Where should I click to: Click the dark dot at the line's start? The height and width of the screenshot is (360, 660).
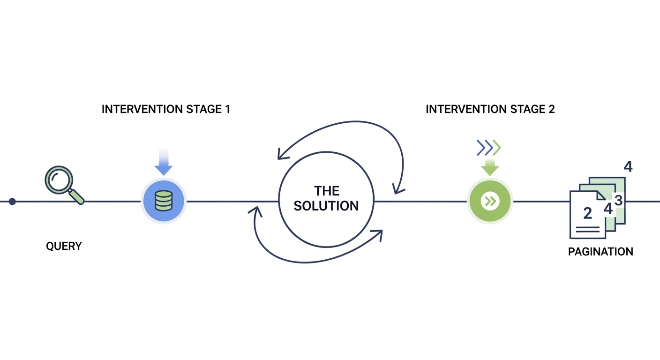pos(12,202)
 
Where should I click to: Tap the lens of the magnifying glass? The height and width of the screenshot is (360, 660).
pos(59,180)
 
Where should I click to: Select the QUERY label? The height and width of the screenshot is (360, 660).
pos(64,246)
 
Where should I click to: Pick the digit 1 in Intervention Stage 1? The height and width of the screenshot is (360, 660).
pos(227,109)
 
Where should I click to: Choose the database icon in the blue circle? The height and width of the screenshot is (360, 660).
pos(164,201)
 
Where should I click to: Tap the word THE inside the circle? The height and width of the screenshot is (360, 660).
pos(326,191)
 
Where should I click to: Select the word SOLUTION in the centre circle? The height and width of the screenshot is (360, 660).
pos(326,206)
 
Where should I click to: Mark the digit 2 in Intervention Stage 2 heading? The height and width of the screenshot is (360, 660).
pos(552,109)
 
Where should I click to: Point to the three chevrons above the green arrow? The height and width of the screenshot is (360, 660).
pos(489,148)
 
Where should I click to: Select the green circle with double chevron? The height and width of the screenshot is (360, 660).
pos(490,201)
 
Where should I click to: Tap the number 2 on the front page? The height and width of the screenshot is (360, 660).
pos(587,213)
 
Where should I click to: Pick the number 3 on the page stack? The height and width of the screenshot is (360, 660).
pos(618,200)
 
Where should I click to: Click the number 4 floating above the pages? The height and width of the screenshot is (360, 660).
pos(628,167)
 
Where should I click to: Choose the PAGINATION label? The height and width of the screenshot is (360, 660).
pos(600,252)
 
